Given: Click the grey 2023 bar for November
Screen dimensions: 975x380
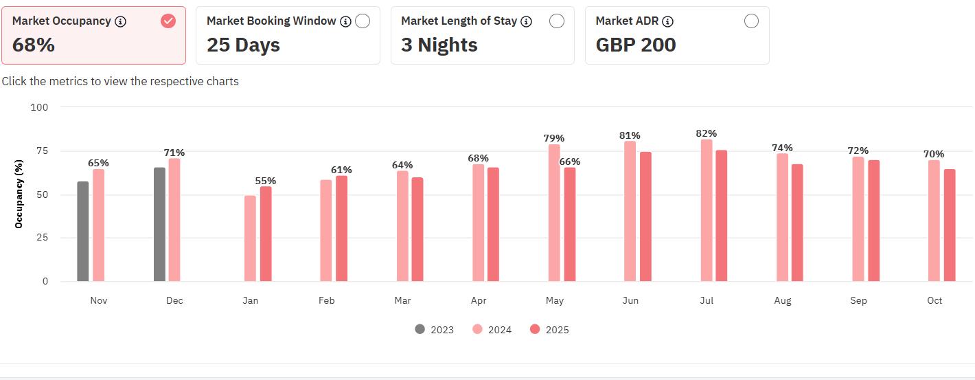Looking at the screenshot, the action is [82, 232].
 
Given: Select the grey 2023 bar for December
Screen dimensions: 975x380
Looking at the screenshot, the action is [159, 225].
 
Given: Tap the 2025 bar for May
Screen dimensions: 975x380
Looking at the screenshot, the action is [570, 225].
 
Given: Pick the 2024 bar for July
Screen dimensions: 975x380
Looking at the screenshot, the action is [707, 210].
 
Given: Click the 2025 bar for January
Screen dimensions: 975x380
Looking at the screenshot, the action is [266, 234].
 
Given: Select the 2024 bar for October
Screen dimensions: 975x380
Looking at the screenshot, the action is [934, 221].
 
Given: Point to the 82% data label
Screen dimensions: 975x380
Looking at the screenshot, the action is [706, 133].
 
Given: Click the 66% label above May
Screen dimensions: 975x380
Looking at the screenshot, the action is [570, 161].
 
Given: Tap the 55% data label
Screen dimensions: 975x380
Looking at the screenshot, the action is [266, 181].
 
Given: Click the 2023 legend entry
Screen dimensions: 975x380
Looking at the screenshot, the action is [435, 329].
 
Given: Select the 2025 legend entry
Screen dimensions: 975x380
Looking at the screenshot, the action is [549, 329].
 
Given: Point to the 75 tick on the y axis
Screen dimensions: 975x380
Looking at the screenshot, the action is [42, 150].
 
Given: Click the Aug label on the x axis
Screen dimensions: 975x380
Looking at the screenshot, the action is [783, 300].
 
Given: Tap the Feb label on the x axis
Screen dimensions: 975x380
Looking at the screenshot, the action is [326, 300].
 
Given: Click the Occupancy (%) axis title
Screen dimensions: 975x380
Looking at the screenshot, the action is [19, 194].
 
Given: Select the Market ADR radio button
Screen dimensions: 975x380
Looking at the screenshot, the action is [751, 21].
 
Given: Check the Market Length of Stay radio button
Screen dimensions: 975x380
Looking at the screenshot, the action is [557, 21].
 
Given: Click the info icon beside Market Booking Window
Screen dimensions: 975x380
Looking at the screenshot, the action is [345, 21].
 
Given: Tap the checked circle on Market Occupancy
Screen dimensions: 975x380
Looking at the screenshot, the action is [168, 21].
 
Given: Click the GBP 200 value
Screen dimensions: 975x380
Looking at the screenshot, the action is [636, 45].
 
